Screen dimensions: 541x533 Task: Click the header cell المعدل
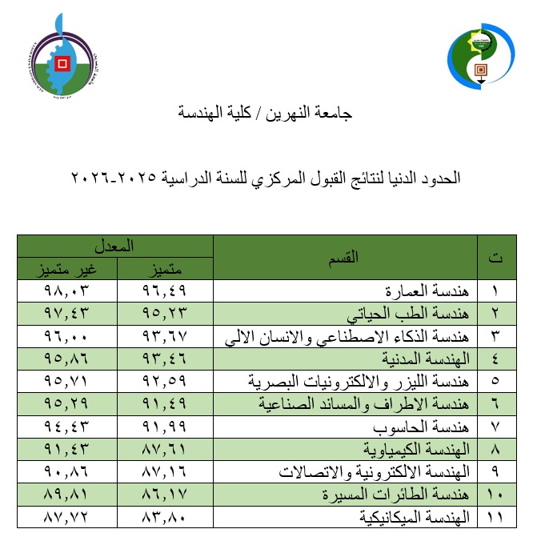117,245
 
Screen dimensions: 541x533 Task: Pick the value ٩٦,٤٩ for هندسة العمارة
166,290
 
